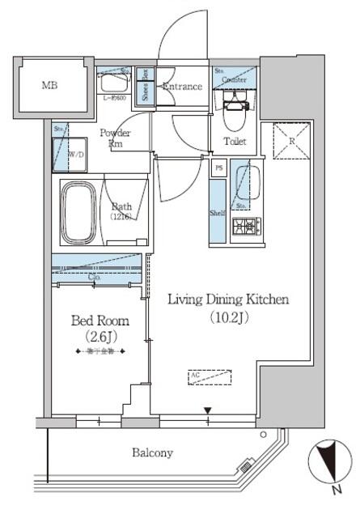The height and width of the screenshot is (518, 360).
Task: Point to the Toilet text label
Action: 235,142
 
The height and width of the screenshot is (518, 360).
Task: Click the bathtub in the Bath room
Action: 78,213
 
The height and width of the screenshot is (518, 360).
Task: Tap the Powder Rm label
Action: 115,138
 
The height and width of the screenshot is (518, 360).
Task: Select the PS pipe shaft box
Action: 218,168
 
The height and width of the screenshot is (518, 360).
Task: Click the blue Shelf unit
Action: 217,211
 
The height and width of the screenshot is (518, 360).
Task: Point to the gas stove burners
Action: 243,226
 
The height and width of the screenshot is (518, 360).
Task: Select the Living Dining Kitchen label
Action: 227,300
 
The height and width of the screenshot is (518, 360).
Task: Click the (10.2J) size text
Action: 227,318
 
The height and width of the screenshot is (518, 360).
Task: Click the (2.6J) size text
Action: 99,337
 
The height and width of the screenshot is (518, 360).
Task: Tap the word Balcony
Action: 153,453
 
